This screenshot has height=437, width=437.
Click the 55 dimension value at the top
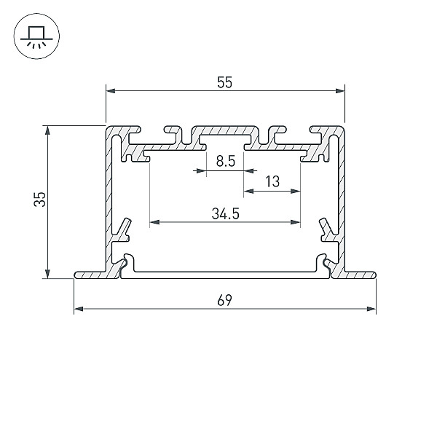[x=224, y=82]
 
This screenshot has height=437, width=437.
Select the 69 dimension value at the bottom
[x=224, y=300]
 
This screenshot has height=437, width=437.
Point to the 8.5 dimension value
[x=226, y=162]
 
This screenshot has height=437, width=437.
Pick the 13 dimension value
[x=272, y=181]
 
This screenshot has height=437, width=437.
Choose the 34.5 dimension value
[x=226, y=214]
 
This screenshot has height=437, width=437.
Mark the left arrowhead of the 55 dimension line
[x=111, y=91]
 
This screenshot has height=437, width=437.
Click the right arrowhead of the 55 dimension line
[x=340, y=91]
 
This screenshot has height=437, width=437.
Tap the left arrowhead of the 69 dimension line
[x=79, y=309]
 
